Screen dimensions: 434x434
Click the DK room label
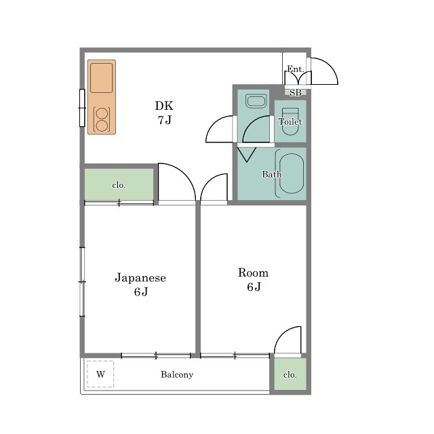[x=164, y=106]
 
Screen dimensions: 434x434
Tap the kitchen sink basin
[x=101, y=78]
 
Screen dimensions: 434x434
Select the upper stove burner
[x=102, y=113]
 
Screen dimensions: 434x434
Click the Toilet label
[x=290, y=121]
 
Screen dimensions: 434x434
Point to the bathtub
[x=291, y=174]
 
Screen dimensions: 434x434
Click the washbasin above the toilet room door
[x=256, y=101]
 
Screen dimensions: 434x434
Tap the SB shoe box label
[x=296, y=92]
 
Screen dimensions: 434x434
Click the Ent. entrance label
[x=296, y=68]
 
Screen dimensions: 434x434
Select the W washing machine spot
[x=100, y=374]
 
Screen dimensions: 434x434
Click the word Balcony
[x=177, y=374]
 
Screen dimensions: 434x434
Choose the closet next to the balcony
[x=290, y=374]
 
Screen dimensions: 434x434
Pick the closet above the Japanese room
[x=119, y=184]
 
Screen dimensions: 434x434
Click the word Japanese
[x=140, y=277]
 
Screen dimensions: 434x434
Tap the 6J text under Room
[x=254, y=287]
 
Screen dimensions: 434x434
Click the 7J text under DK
[x=164, y=120]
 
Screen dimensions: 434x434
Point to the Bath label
[x=271, y=174]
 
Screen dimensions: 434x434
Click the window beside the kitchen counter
[x=82, y=108]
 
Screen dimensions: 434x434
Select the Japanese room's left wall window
[x=82, y=281]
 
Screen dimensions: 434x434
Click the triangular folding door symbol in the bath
[x=247, y=154]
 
